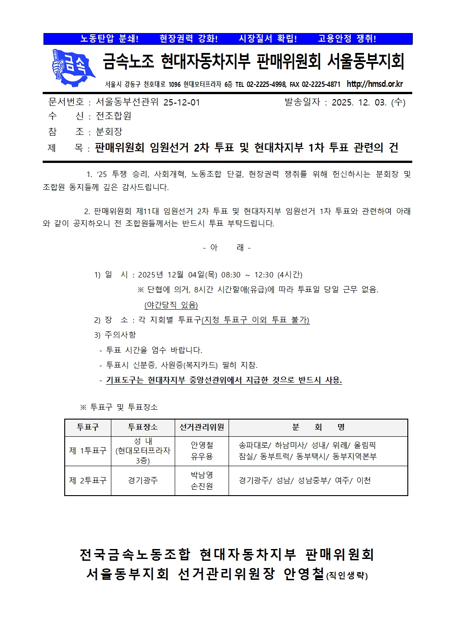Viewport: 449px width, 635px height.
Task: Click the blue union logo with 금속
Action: [72, 67]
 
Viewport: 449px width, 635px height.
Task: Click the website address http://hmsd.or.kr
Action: [374, 84]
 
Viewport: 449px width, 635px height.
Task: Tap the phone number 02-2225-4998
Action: [266, 85]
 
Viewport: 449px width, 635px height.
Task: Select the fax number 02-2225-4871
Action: [321, 85]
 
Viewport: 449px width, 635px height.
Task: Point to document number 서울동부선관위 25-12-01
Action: [148, 102]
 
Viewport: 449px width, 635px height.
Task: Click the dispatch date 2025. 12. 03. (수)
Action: [368, 102]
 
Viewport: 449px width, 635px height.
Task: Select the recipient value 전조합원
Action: [113, 116]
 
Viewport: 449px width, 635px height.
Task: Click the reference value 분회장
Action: [109, 132]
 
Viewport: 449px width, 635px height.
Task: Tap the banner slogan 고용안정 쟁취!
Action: [347, 39]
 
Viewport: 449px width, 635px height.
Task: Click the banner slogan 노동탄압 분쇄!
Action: [110, 39]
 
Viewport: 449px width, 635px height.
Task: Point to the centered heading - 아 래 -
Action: [227, 248]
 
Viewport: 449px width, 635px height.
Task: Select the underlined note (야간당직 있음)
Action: [171, 305]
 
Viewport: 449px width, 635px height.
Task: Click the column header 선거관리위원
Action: [201, 427]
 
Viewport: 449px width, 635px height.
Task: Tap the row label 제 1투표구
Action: [88, 451]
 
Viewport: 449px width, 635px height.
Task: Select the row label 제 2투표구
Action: [88, 481]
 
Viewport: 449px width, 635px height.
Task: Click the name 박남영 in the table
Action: [201, 475]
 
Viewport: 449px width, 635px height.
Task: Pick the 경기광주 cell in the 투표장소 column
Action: [143, 481]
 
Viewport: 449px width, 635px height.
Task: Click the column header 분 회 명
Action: [318, 427]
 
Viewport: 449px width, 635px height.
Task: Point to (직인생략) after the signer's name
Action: [347, 576]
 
